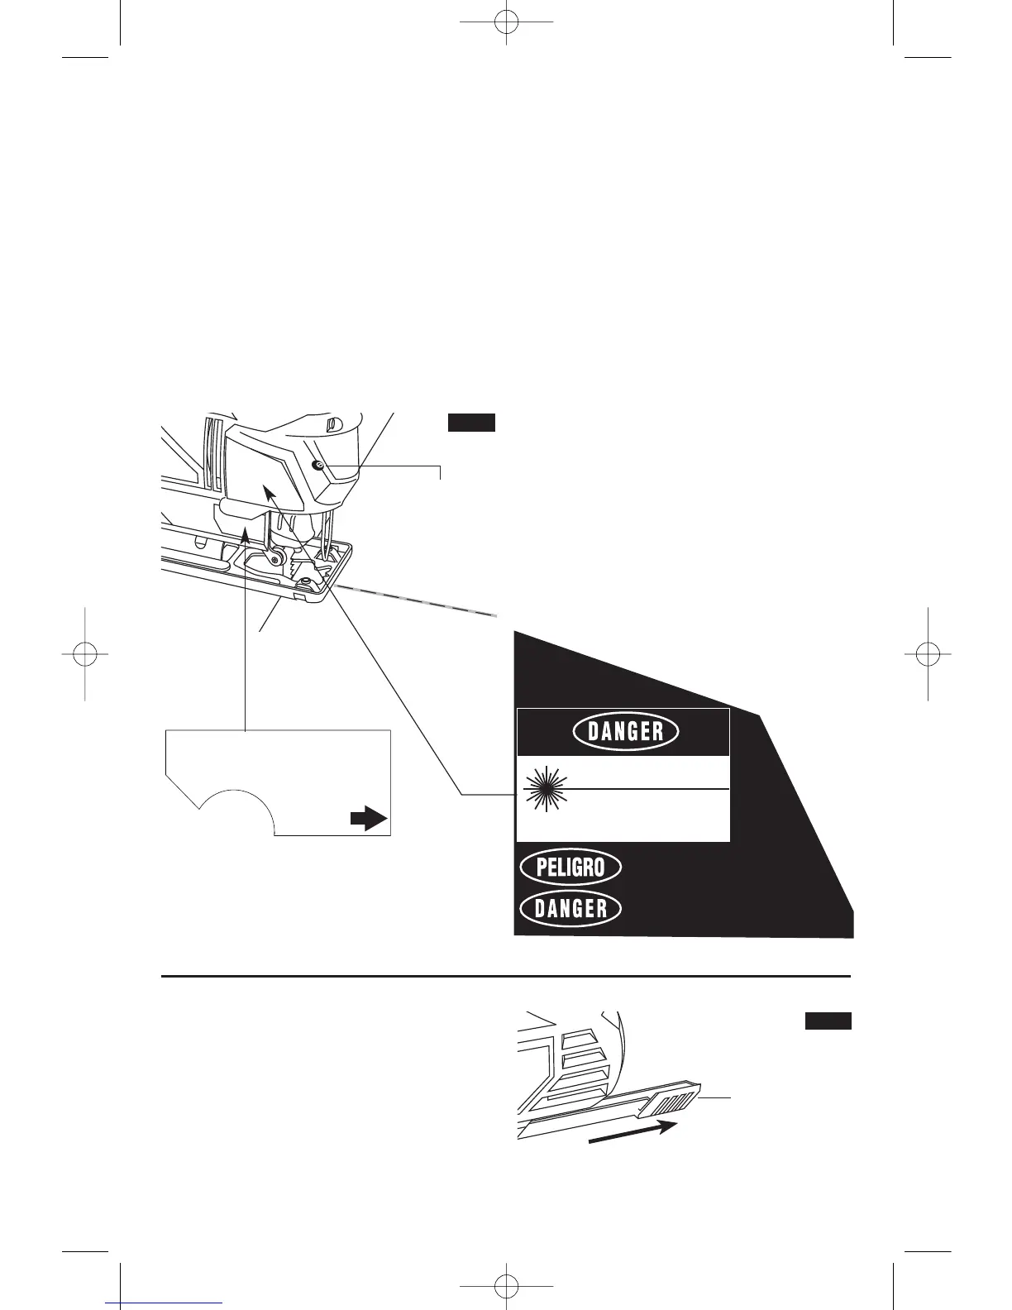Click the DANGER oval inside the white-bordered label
tap(626, 731)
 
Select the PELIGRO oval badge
tap(570, 868)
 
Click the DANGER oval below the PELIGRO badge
tap(570, 909)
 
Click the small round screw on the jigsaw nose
tap(318, 467)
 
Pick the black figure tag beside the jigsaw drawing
tap(471, 423)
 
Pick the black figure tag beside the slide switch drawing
tap(828, 1021)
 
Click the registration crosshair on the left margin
tap(84, 653)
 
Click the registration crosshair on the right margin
tap(928, 653)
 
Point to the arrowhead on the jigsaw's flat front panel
tap(268, 490)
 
